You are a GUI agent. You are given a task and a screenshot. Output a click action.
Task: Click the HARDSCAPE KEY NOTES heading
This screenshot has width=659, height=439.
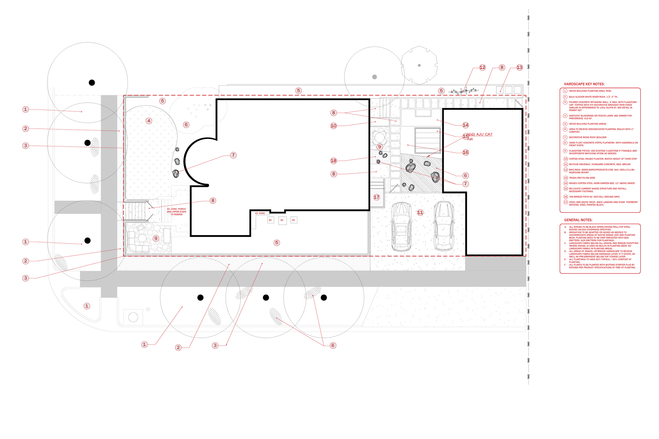click(x=584, y=84)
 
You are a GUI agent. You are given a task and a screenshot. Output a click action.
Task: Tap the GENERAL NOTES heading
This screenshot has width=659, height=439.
click(x=578, y=220)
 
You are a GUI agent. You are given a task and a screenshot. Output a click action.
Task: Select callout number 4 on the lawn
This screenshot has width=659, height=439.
click(x=149, y=121)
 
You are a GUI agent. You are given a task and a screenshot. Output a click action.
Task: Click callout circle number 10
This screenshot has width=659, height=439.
click(x=333, y=126)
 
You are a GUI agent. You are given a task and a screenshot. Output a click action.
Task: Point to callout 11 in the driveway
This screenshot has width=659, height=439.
click(x=420, y=213)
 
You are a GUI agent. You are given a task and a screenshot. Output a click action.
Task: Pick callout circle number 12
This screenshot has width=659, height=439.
click(x=482, y=67)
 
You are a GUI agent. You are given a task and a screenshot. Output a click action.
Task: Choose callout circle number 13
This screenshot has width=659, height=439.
click(x=520, y=67)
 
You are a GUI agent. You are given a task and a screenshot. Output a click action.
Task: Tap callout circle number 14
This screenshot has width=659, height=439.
click(x=466, y=125)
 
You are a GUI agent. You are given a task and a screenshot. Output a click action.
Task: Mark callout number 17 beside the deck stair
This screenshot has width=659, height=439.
click(x=377, y=197)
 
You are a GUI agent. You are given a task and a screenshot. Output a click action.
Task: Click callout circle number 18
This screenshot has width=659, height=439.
click(x=333, y=161)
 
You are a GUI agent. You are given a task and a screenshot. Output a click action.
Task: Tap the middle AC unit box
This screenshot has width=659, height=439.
click(x=282, y=220)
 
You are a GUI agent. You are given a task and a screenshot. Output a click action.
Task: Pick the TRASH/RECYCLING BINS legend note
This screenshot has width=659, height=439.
click(x=582, y=178)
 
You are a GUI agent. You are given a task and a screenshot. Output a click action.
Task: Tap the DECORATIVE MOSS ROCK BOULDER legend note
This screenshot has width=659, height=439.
click(x=587, y=137)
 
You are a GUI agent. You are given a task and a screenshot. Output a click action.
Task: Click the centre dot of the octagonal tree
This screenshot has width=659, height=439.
click(x=419, y=66)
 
